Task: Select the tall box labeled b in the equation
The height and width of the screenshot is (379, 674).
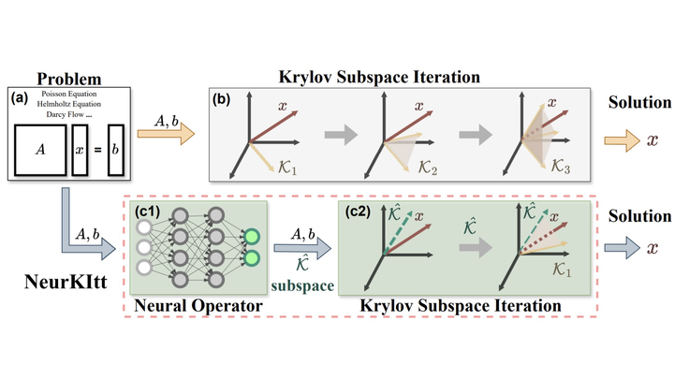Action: coord(115,149)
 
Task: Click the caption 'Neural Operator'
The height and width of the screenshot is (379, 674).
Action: coord(197,305)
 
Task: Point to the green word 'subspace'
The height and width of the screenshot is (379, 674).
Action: coord(302,286)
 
